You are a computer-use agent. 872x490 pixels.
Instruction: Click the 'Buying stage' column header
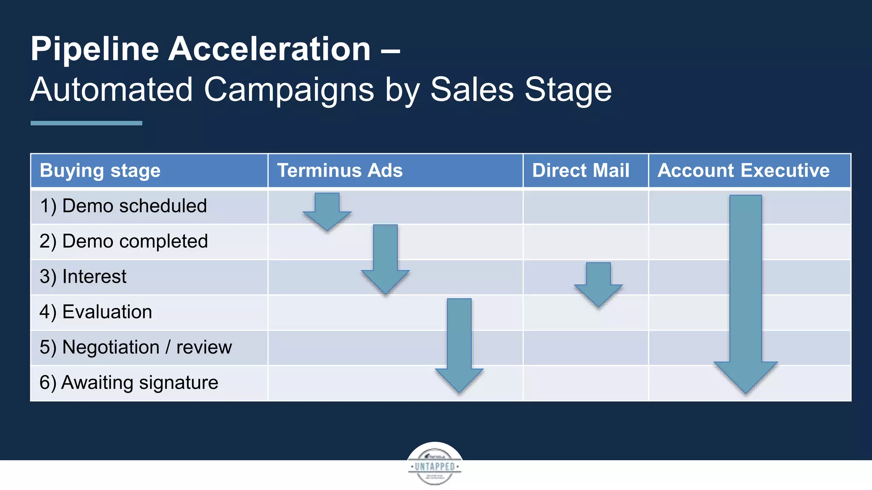click(x=100, y=171)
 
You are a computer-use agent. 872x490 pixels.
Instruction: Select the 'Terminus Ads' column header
click(x=340, y=171)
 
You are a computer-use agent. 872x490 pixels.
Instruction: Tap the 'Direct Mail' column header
click(x=581, y=171)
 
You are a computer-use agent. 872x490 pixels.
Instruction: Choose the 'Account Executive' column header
click(x=743, y=171)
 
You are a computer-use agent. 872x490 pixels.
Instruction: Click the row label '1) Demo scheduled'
click(x=123, y=206)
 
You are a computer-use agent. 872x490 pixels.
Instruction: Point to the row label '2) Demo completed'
click(x=123, y=242)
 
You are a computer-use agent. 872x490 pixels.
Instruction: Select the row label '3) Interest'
click(x=83, y=277)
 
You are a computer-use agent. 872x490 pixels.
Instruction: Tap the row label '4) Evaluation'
click(x=96, y=312)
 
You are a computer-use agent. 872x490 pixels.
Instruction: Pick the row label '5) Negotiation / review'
click(x=135, y=348)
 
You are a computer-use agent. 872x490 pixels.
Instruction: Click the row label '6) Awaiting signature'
click(x=129, y=383)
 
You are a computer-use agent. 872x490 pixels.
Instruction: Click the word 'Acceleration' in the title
click(x=270, y=49)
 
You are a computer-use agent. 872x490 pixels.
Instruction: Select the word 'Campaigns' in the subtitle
click(x=289, y=90)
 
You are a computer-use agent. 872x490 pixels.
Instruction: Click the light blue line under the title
click(x=86, y=123)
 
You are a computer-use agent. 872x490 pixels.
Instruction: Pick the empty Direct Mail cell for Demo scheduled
click(x=585, y=206)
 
